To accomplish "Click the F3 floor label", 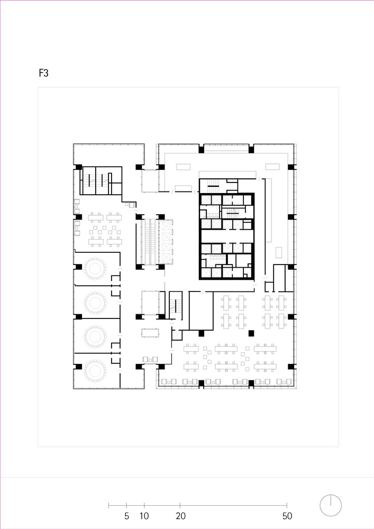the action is coord(43,73).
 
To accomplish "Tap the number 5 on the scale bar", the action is coord(126,516).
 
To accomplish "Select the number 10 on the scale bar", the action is coord(144,516).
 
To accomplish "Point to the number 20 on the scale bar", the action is coord(180,516).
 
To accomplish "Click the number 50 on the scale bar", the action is coord(287,516).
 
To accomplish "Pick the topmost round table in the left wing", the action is coord(95,269).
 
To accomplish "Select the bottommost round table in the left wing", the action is coord(95,370).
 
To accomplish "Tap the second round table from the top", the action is coord(95,303).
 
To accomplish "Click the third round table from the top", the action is coord(95,336).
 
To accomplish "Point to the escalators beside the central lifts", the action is coord(151,242).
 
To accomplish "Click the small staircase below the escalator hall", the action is coord(176,305).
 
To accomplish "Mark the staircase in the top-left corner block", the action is coord(96,181).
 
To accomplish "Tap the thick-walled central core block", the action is coord(226,236).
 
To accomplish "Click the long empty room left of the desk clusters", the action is coord(201,311).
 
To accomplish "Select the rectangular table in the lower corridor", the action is coord(150,333).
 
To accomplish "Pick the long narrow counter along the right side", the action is coord(268,210).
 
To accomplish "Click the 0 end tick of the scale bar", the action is coord(108,505).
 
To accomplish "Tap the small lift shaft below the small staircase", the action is coord(176,335).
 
